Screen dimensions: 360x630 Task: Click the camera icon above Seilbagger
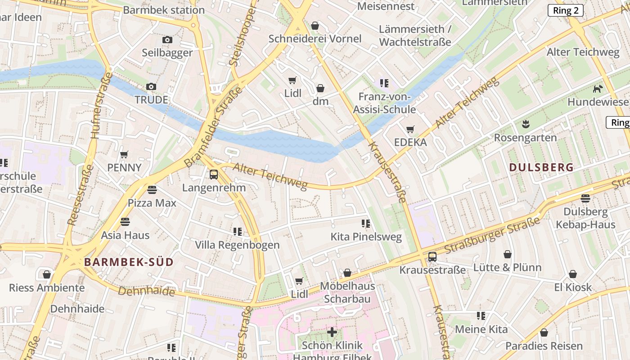pos(167,40)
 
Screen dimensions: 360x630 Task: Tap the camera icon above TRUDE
pos(151,87)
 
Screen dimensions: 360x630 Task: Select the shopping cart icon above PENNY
pos(124,155)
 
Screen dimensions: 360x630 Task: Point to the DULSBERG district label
pos(541,167)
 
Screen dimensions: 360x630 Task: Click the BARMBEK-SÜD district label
pos(129,262)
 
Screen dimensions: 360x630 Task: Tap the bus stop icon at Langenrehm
pos(214,175)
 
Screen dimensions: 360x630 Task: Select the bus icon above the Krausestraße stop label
pos(432,257)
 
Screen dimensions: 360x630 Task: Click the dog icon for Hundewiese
pos(598,89)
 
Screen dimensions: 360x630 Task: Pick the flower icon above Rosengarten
pos(525,124)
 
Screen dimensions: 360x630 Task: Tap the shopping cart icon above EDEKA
pos(410,130)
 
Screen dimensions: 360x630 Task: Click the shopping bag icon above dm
pos(320,88)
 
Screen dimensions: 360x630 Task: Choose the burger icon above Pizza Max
pos(152,190)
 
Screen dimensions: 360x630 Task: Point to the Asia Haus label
pos(125,235)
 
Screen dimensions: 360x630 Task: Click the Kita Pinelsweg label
pos(366,237)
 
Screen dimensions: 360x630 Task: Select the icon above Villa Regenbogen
pos(238,232)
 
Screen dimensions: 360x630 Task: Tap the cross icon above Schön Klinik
pos(332,333)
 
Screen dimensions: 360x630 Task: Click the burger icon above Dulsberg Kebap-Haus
pos(585,198)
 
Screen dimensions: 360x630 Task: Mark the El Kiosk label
pos(573,287)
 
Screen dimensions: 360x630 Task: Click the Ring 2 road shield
pos(565,11)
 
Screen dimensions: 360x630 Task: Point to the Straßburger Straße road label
pos(492,236)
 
